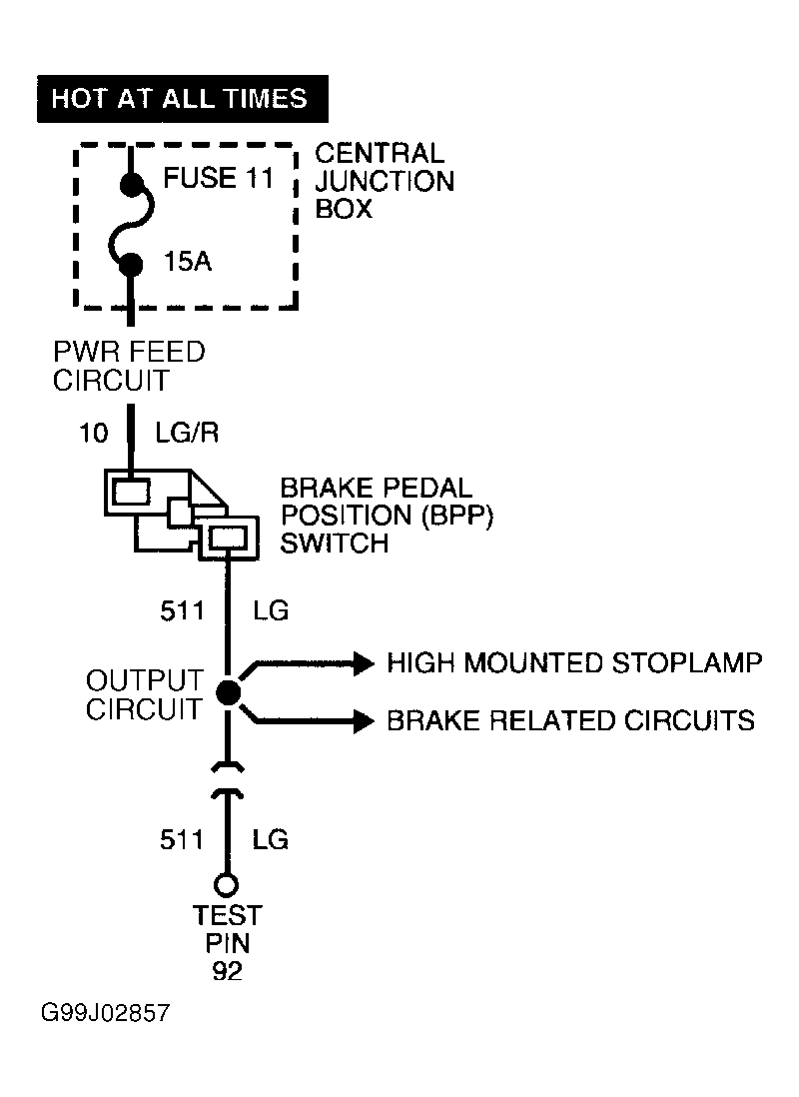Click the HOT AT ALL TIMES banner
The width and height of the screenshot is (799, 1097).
[x=183, y=99]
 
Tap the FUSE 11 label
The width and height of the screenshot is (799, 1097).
[x=219, y=178]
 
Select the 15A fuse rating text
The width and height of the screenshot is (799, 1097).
[x=188, y=262]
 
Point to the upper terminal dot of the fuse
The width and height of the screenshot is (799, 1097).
[x=131, y=185]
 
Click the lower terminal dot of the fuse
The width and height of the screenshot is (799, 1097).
[x=131, y=265]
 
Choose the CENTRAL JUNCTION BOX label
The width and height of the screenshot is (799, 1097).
[x=385, y=181]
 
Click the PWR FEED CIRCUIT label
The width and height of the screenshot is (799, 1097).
[x=129, y=366]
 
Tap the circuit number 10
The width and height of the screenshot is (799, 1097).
[x=94, y=433]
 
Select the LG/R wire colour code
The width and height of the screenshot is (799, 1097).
[x=187, y=433]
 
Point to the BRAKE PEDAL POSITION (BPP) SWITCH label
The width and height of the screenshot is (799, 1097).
[x=387, y=516]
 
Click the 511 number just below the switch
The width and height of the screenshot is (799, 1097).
[x=182, y=610]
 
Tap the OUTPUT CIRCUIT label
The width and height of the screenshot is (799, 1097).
[x=144, y=694]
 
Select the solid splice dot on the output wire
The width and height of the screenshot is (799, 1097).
[x=228, y=692]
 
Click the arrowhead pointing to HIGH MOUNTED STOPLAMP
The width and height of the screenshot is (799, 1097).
[x=365, y=662]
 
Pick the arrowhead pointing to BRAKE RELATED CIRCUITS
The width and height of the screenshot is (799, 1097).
[x=365, y=720]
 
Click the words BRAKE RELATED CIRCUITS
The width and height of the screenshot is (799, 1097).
[x=571, y=720]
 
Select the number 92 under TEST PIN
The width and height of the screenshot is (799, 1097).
[x=228, y=971]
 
